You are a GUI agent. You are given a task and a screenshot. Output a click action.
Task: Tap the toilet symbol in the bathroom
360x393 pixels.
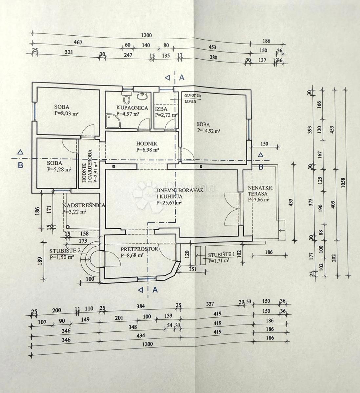tap(126, 97)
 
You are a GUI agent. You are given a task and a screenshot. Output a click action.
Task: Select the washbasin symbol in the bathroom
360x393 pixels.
tap(142, 96)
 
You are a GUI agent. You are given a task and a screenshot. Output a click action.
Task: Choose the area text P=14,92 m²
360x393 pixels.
tap(209, 130)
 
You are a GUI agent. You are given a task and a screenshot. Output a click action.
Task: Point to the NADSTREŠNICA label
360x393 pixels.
tap(84, 205)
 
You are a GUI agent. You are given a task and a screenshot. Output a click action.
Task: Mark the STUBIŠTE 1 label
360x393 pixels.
tap(219, 255)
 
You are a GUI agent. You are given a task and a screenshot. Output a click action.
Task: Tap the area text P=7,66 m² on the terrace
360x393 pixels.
tap(259, 199)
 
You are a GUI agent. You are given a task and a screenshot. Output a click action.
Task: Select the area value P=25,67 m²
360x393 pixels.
tap(169, 202)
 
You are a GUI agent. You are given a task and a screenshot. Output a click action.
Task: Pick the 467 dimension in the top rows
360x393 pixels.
tap(78, 43)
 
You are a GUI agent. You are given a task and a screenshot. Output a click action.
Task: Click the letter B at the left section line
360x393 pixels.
tap(20, 165)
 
